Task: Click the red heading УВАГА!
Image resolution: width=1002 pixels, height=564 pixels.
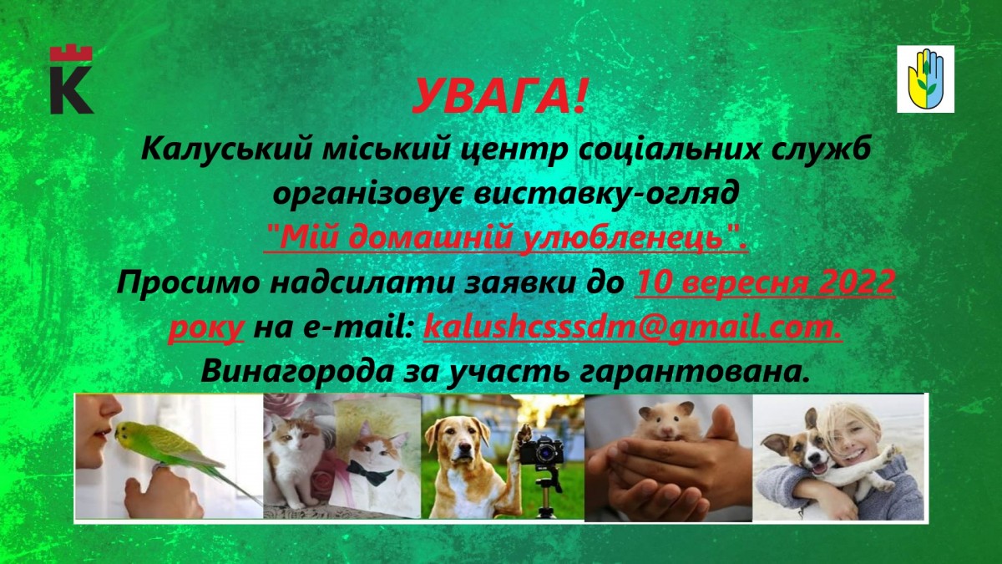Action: tap(499, 97)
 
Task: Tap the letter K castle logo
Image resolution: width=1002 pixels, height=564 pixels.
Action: tap(72, 79)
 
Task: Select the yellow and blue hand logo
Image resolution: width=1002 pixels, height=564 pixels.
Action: tap(925, 79)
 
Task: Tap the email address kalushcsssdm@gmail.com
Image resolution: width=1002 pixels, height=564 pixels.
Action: tap(633, 328)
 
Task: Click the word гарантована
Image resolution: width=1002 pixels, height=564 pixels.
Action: tap(696, 373)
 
